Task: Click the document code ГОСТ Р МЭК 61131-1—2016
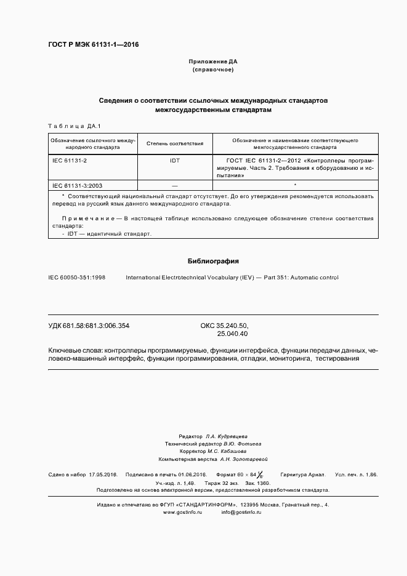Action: (93, 45)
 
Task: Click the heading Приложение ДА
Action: (212, 62)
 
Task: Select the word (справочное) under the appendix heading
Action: (212, 70)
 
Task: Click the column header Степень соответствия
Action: (175, 143)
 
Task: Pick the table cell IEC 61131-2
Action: (70, 160)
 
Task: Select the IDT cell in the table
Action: (175, 160)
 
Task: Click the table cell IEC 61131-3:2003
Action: (78, 185)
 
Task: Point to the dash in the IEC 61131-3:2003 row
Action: (175, 185)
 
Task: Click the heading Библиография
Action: (212, 261)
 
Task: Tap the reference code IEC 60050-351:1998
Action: (77, 278)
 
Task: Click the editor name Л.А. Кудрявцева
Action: (227, 435)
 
